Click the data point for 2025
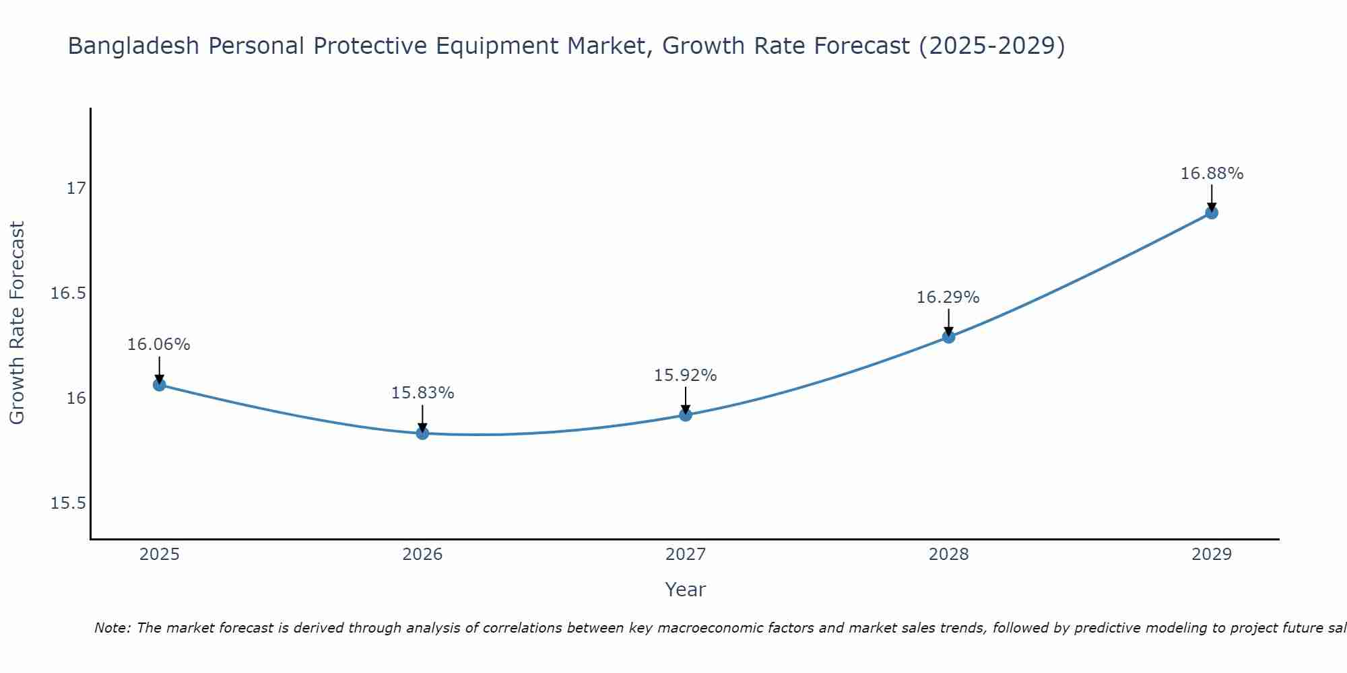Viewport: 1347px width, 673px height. [x=160, y=385]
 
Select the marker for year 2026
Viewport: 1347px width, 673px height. [x=422, y=433]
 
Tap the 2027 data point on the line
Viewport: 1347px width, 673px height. [x=686, y=415]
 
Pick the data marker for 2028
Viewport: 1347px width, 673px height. [x=948, y=336]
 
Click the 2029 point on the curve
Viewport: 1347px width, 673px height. [x=1212, y=213]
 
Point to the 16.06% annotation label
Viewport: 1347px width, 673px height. [x=159, y=345]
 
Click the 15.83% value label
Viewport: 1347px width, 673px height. [x=422, y=393]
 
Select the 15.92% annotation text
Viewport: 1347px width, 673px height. [x=686, y=376]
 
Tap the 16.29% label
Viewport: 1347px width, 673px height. [x=948, y=297]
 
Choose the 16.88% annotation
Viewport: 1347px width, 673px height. [x=1212, y=174]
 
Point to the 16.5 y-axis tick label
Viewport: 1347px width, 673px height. [x=69, y=293]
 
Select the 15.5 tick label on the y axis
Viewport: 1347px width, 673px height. [x=69, y=503]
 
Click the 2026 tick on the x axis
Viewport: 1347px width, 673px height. [x=422, y=555]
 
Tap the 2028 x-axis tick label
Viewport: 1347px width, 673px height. [x=948, y=555]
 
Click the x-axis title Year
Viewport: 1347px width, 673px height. [x=686, y=590]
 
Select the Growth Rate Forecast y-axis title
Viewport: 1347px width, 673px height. [x=18, y=323]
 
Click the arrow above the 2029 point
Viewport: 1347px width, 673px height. [x=1212, y=198]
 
